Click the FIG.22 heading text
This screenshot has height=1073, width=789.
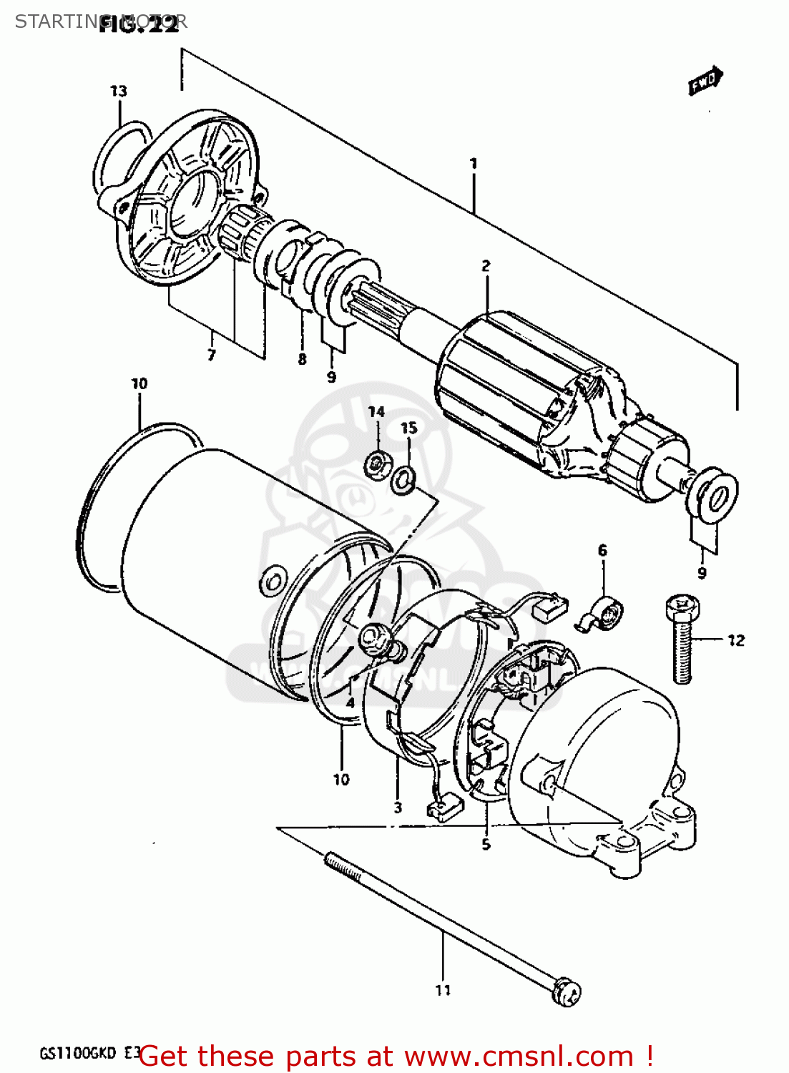click(139, 26)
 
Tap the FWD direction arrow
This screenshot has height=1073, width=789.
click(705, 81)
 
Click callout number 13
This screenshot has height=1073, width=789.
click(118, 91)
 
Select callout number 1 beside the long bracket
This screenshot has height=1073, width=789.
click(473, 164)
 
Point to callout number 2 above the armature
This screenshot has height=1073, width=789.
click(486, 265)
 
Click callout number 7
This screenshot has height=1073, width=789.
click(211, 355)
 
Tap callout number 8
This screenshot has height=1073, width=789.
click(301, 359)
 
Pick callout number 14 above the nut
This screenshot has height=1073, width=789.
click(376, 411)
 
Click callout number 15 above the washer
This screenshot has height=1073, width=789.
click(408, 428)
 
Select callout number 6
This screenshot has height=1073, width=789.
click(602, 550)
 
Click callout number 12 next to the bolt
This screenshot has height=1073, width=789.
click(735, 640)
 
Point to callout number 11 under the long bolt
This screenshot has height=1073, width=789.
click(443, 990)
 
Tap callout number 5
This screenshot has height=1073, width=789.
click(486, 845)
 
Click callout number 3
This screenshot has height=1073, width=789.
click(398, 808)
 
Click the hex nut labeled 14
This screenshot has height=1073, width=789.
click(375, 466)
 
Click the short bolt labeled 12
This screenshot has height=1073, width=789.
click(682, 640)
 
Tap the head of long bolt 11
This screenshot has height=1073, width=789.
click(568, 991)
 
